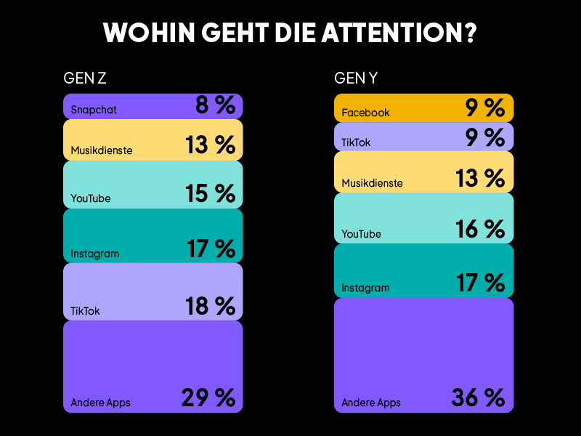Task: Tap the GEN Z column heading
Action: (86, 78)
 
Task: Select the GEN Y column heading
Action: (356, 78)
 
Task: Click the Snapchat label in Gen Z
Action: (94, 110)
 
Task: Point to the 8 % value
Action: (216, 106)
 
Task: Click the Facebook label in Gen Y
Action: (365, 113)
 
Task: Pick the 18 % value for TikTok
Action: (211, 306)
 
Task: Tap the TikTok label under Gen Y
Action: (356, 142)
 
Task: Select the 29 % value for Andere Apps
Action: (208, 397)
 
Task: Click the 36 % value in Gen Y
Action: (478, 397)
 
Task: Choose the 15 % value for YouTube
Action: (211, 194)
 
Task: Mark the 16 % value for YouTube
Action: (480, 230)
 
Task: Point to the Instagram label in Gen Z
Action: (94, 254)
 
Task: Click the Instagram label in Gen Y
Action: (365, 288)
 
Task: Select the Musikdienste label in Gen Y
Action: (372, 183)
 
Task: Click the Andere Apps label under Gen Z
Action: (100, 403)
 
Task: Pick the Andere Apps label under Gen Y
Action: (371, 403)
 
